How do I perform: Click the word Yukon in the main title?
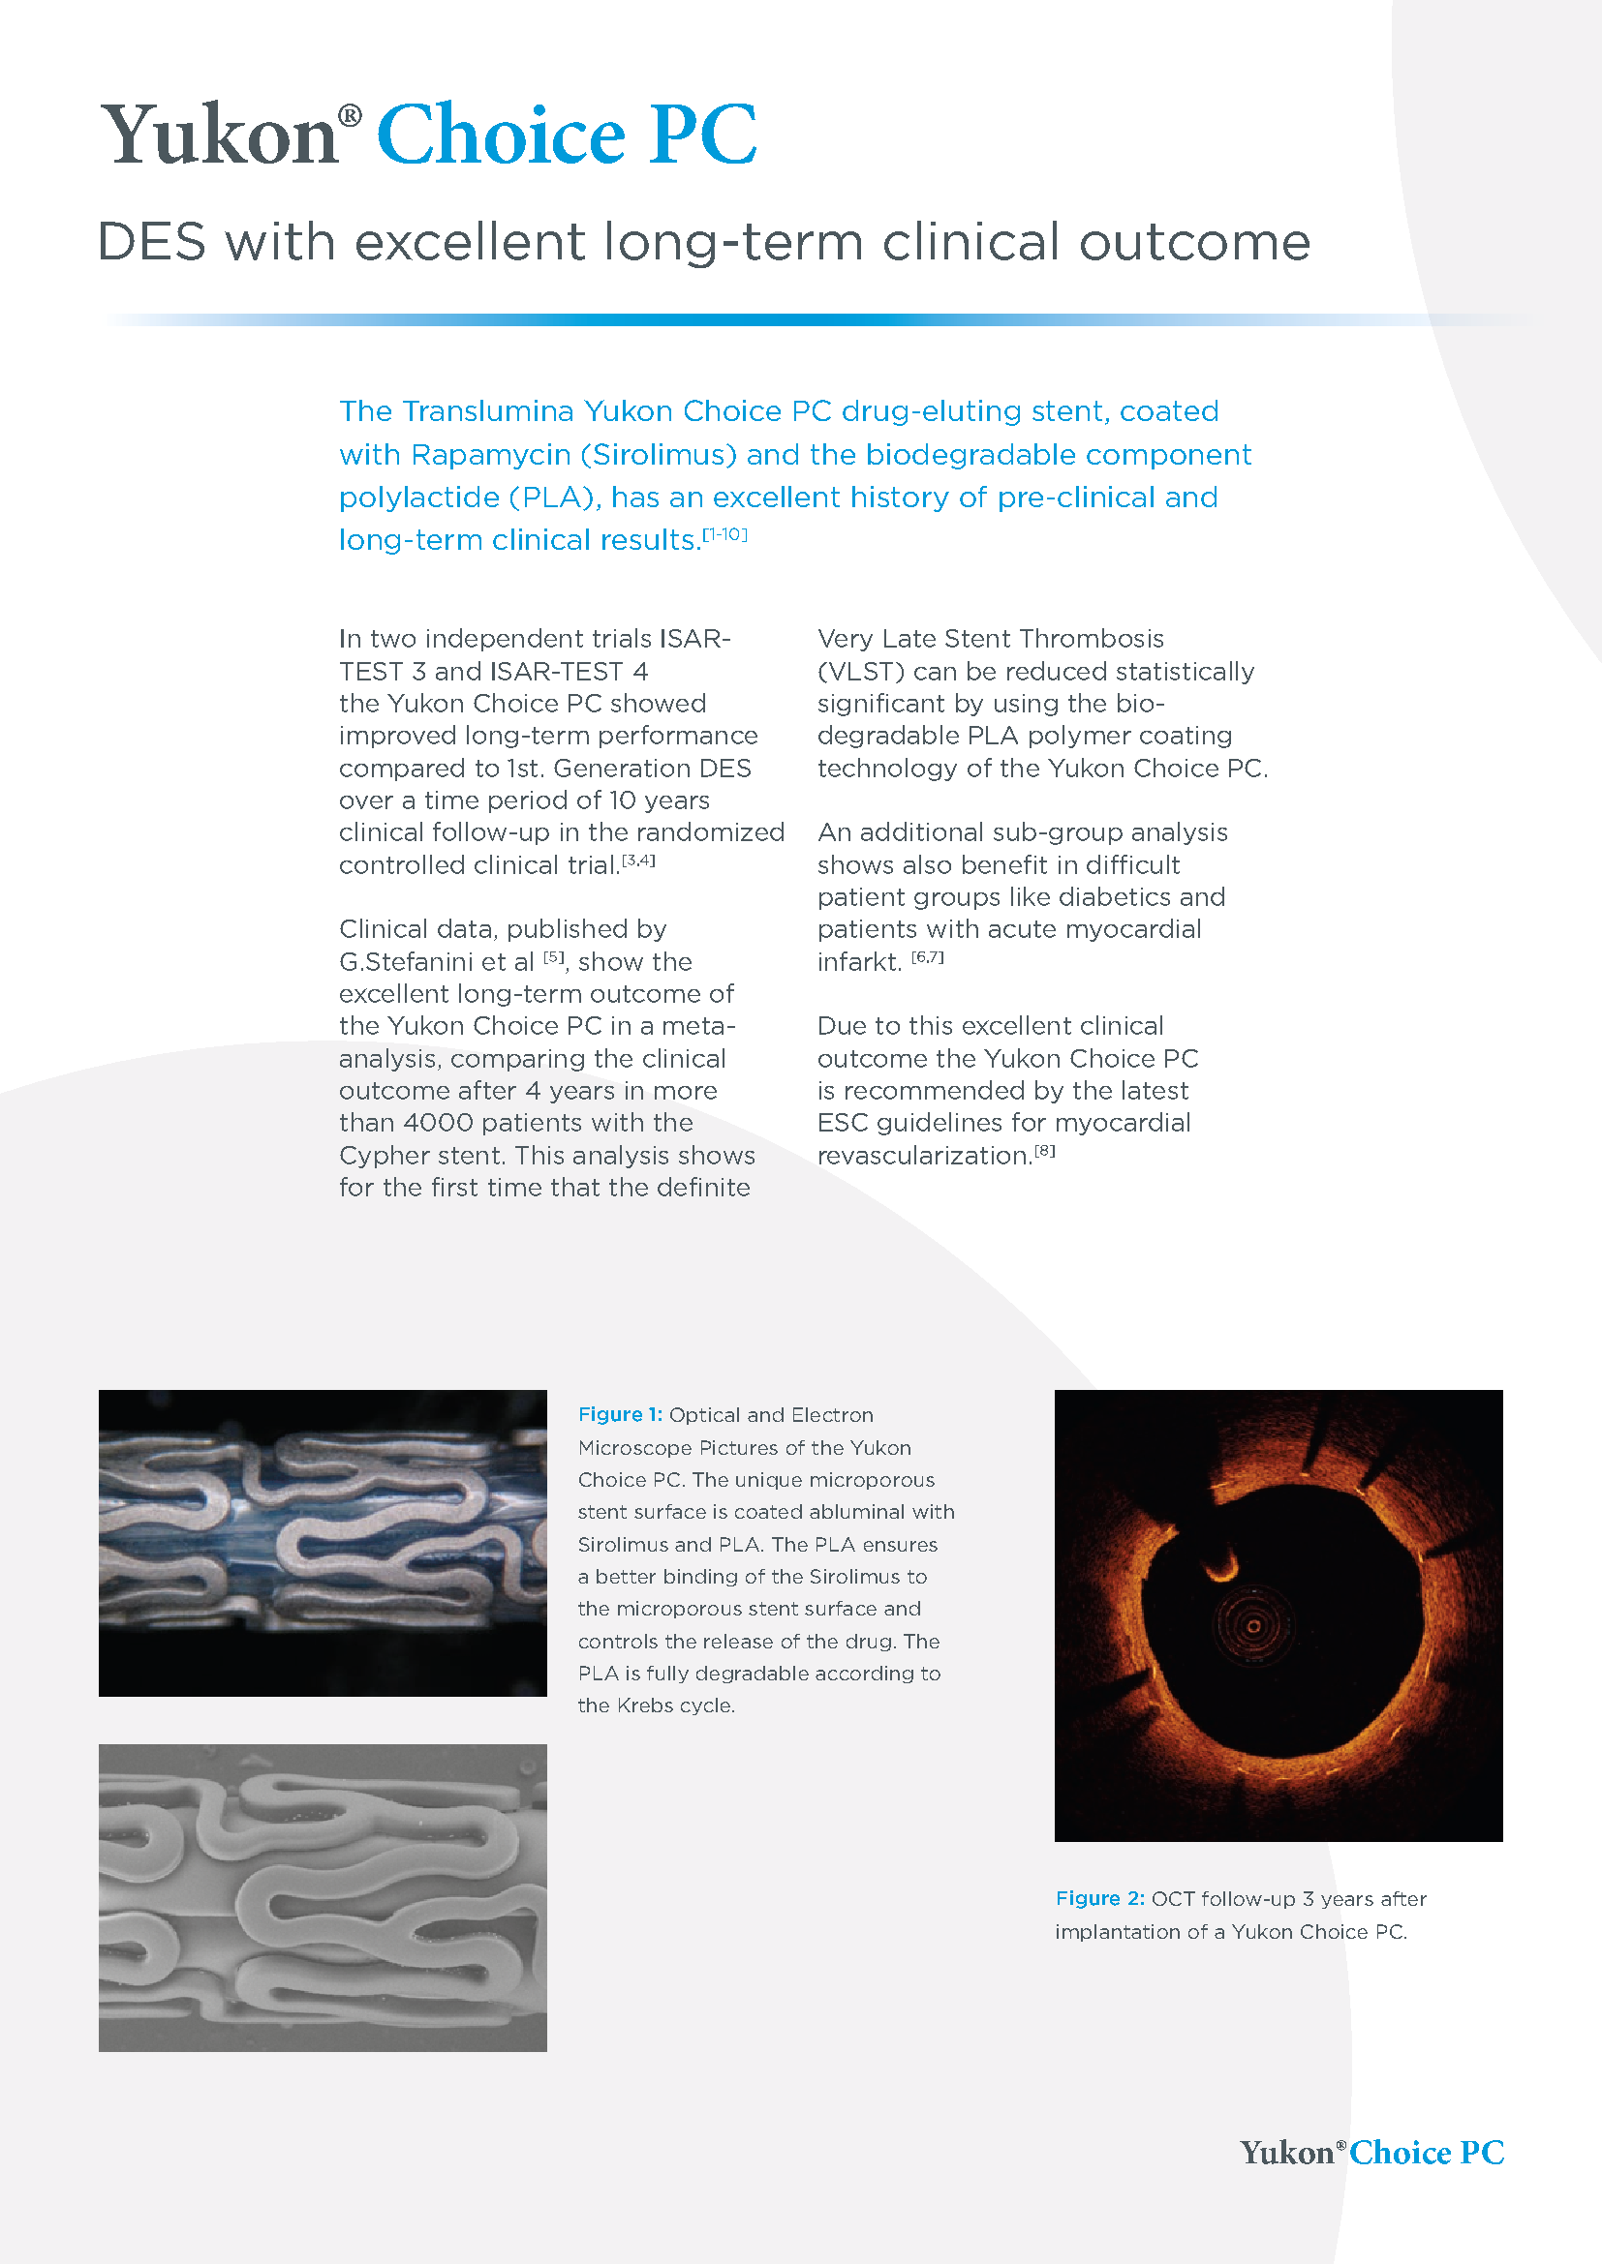(220, 136)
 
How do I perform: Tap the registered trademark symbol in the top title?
(351, 115)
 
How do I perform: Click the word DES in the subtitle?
(152, 243)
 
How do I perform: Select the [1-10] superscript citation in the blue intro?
(725, 534)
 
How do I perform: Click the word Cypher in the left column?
(385, 1156)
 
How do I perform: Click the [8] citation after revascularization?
(1045, 1150)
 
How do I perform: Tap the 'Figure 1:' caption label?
(620, 1415)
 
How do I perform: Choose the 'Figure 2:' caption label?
(1099, 1898)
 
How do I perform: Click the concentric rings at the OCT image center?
(1252, 1626)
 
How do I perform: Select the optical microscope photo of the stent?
(323, 1542)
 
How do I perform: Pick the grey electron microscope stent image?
(323, 1898)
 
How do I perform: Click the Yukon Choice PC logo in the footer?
(1371, 2152)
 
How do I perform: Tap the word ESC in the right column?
(843, 1123)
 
